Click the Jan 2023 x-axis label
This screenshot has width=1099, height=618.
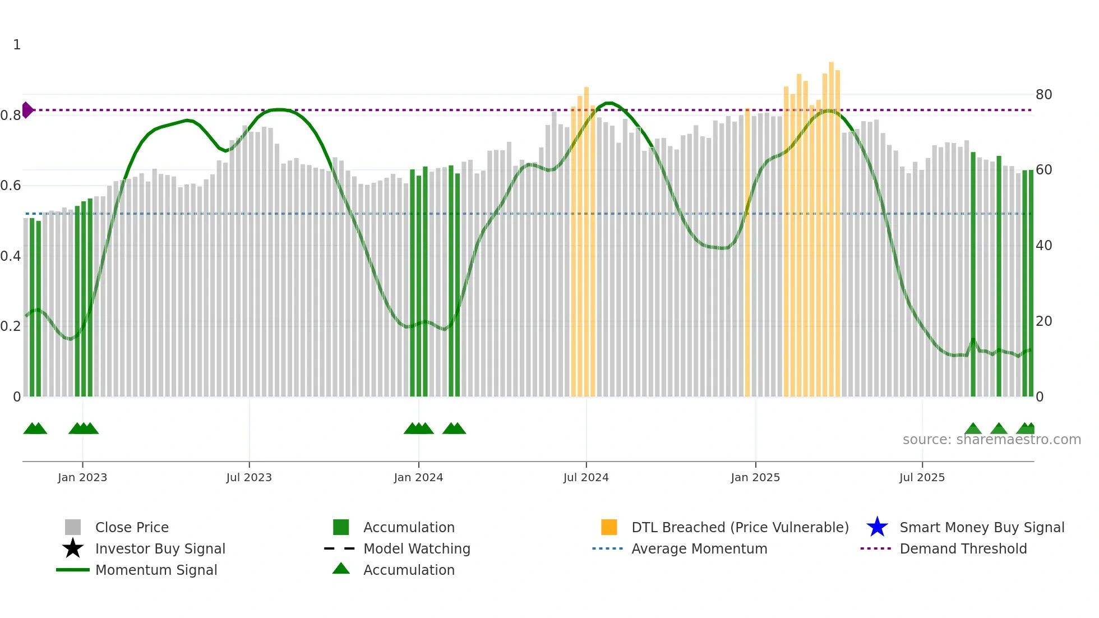82,477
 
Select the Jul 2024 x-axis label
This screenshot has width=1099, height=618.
586,477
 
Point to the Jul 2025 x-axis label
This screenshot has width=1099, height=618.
922,477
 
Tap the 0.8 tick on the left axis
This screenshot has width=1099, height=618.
11,115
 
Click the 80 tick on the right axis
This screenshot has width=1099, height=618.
1043,94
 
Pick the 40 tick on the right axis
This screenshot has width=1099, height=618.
1043,245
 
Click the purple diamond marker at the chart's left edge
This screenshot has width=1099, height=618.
27,110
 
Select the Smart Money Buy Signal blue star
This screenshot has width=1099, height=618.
877,527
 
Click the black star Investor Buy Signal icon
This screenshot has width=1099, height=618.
73,548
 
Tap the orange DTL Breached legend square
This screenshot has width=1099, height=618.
609,527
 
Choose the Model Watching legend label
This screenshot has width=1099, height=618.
417,548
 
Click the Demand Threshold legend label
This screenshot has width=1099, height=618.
963,548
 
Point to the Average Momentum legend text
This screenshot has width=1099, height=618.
699,548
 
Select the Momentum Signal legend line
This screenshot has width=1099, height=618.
73,570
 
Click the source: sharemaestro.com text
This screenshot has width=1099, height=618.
991,439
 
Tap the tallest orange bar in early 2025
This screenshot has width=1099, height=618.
831,224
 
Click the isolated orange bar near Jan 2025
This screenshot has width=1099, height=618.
747,252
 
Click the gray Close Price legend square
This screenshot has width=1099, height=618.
73,527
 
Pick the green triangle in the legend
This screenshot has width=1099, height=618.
341,569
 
